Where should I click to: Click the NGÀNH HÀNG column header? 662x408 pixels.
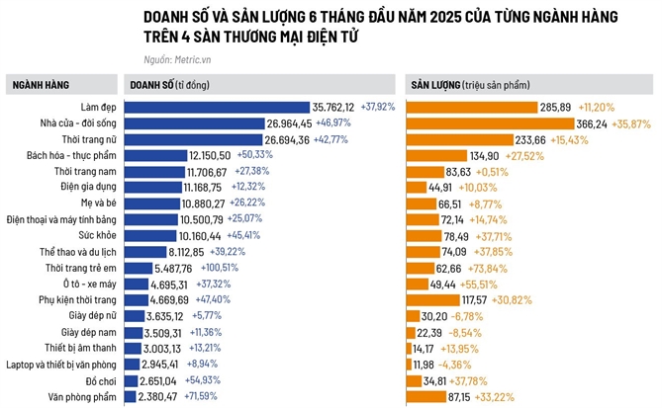(x=41, y=85)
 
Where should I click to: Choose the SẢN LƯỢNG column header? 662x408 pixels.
(x=435, y=85)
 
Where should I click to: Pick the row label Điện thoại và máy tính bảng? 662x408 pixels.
(x=64, y=219)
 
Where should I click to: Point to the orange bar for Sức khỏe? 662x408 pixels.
(x=424, y=235)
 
